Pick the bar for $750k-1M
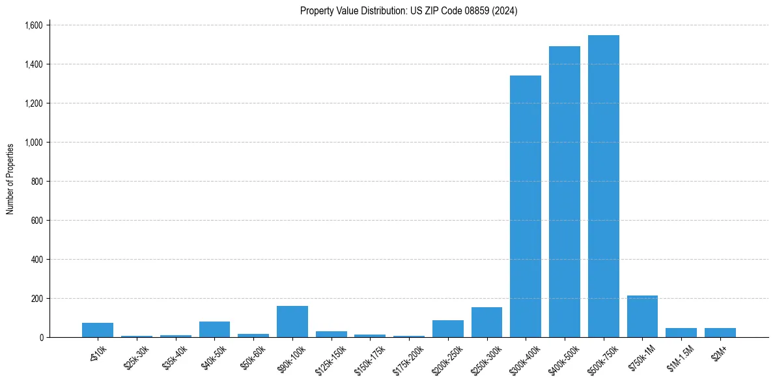click(642, 316)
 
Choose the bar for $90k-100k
click(292, 322)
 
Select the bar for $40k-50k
click(214, 329)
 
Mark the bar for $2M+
click(720, 333)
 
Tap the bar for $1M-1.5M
click(681, 333)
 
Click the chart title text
click(408, 11)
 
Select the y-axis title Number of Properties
click(10, 179)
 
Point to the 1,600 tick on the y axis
click(33, 25)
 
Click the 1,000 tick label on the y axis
click(33, 143)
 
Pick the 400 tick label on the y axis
click(36, 260)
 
